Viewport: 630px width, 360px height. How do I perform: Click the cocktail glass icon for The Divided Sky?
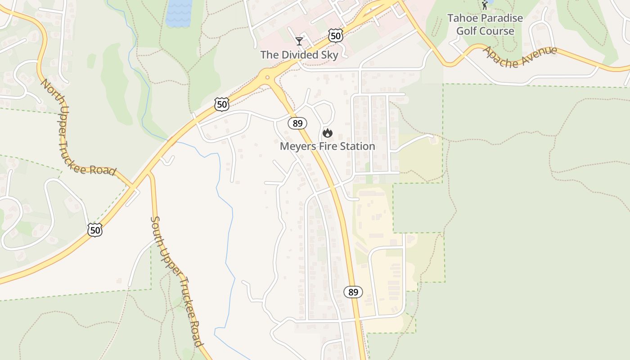click(x=299, y=41)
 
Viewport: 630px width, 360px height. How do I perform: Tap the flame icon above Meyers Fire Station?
click(x=327, y=133)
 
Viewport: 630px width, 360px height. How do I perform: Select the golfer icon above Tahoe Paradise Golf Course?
click(x=485, y=5)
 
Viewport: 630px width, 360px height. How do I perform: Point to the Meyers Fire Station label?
click(x=327, y=146)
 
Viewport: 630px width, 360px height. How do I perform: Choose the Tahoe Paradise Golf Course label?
click(x=485, y=25)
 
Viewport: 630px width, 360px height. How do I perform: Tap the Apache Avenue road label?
click(x=520, y=56)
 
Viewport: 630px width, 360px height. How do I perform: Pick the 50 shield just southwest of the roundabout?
click(x=222, y=104)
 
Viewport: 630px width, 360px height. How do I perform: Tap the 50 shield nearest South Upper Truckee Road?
click(x=95, y=230)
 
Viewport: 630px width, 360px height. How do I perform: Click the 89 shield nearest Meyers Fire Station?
click(x=297, y=123)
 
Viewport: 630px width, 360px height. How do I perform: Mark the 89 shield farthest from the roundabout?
click(x=353, y=292)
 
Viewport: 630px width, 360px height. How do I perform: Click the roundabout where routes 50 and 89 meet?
click(x=267, y=78)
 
